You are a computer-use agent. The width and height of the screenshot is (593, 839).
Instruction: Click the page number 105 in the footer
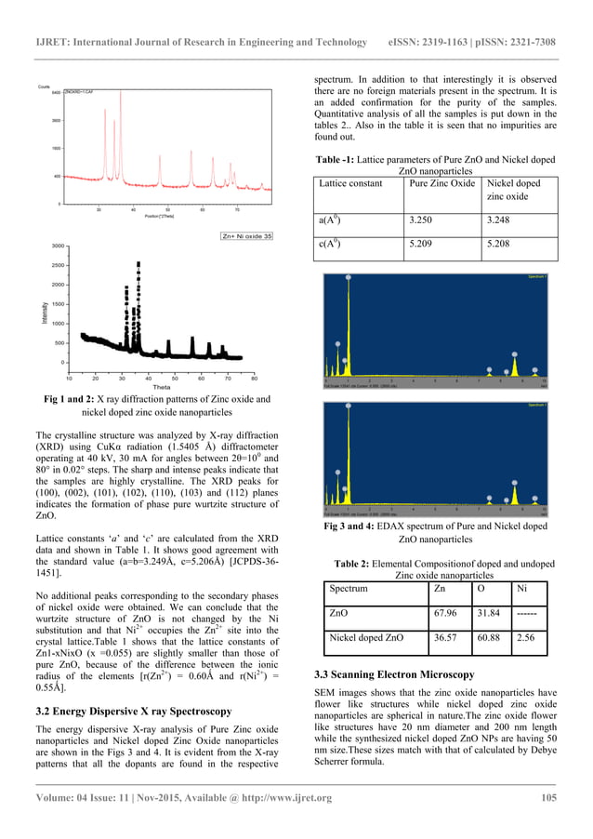coord(547,820)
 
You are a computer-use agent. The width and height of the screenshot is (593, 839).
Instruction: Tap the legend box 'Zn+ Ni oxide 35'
coord(242,237)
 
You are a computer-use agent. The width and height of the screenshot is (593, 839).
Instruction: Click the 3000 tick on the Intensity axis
coord(58,246)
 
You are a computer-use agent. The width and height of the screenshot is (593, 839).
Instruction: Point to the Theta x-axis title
coord(161,386)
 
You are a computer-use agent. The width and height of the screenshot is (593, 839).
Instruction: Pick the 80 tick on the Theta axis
coord(255,378)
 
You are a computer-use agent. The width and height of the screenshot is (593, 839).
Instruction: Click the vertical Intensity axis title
coord(44,305)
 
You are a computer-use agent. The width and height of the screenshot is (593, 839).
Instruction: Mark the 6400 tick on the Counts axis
coord(57,93)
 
